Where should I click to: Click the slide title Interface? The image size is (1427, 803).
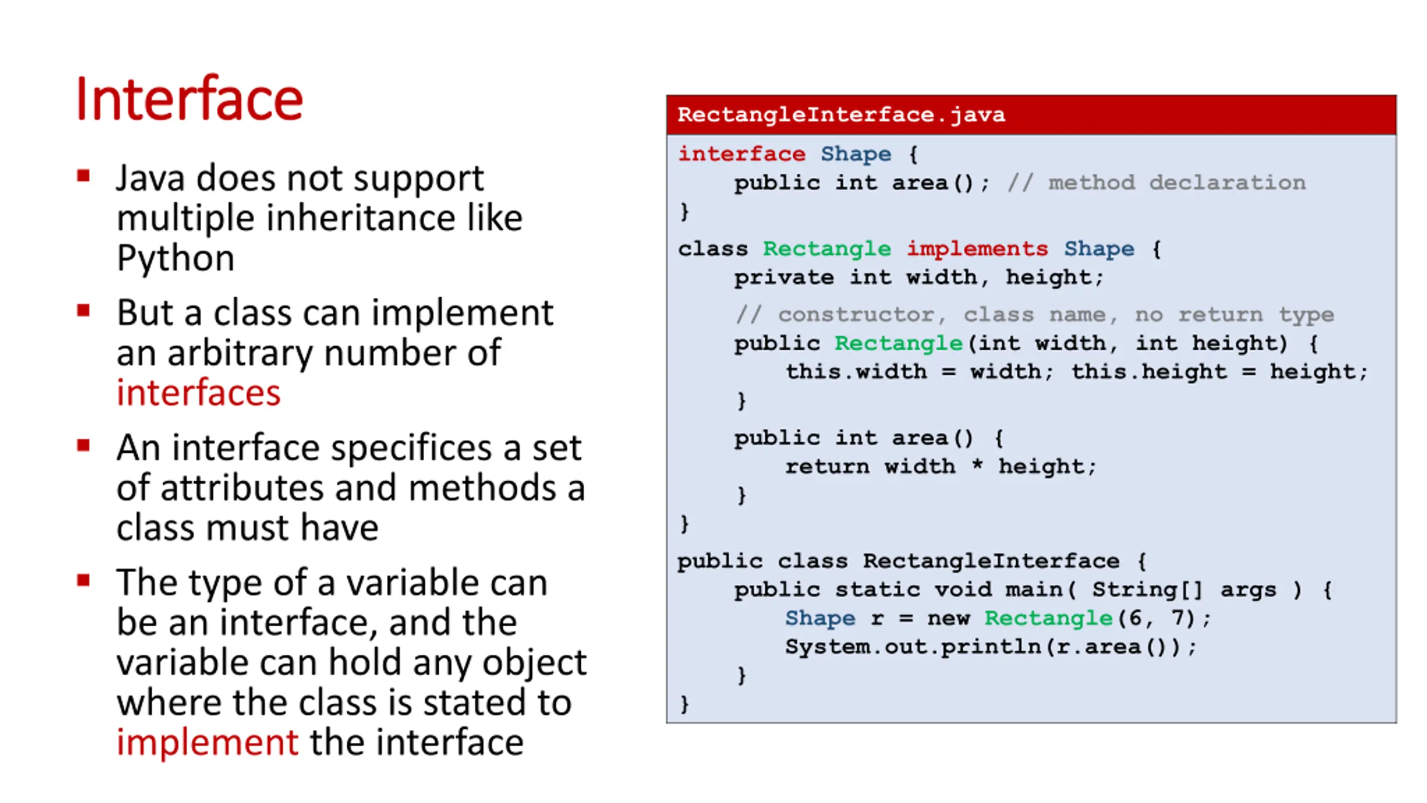[189, 100]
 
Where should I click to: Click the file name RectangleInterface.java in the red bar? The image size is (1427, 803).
[841, 115]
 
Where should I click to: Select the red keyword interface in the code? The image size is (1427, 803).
[741, 154]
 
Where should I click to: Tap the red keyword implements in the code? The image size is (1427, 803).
[977, 249]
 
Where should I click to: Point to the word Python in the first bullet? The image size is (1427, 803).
[176, 258]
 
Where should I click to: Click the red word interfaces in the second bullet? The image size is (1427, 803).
[198, 393]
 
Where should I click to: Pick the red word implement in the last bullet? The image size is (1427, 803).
[207, 742]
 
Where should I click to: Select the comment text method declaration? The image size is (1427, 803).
[1177, 183]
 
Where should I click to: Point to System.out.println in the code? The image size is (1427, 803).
[912, 647]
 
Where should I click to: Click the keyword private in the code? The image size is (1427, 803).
[784, 277]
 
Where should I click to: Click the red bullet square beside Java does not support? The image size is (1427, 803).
[84, 177]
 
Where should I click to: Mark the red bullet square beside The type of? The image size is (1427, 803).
[84, 581]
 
